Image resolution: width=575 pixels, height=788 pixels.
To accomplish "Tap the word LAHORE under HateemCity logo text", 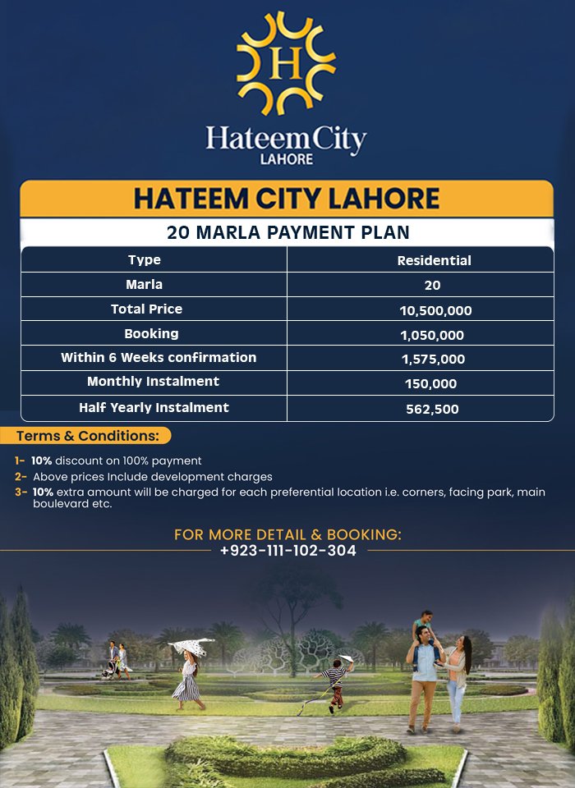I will [x=286, y=158].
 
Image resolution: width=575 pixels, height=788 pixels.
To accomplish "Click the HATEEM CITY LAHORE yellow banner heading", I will [x=287, y=199].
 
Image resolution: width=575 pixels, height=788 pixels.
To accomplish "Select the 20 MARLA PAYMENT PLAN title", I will [x=287, y=232].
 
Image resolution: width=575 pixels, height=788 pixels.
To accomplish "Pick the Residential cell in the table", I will [x=434, y=260].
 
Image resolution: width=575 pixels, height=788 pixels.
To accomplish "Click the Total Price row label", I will [x=146, y=309].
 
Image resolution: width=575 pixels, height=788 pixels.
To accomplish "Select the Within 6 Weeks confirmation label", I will [x=159, y=358].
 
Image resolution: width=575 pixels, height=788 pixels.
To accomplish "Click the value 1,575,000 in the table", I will [x=434, y=360].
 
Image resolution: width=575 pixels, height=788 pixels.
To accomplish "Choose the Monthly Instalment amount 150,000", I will [x=430, y=383].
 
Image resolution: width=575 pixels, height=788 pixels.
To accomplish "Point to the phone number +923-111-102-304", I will [x=287, y=551].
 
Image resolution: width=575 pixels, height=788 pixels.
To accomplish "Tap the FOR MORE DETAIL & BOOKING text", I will [x=287, y=534].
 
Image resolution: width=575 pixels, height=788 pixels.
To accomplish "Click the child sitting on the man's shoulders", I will [x=424, y=625].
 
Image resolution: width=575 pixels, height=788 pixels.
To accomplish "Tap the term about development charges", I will [x=152, y=476].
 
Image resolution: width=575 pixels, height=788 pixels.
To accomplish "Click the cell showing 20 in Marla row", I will [x=433, y=286].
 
